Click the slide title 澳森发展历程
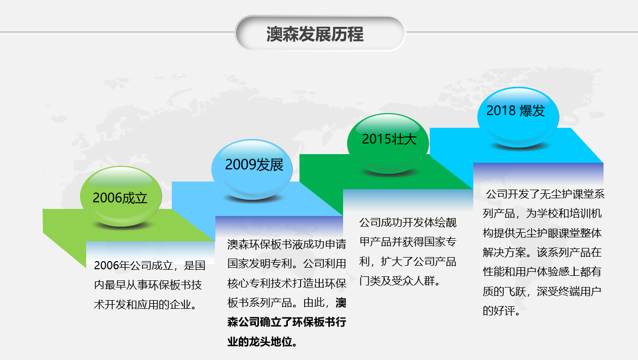315,34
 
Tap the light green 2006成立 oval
121,196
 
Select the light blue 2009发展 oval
252,169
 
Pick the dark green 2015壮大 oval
388,143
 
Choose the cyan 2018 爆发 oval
518,117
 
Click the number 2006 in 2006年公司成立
106,266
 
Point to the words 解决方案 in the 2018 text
504,253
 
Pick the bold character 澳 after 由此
341,303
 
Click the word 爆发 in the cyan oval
532,111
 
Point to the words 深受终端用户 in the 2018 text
569,292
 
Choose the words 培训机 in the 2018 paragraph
585,213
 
